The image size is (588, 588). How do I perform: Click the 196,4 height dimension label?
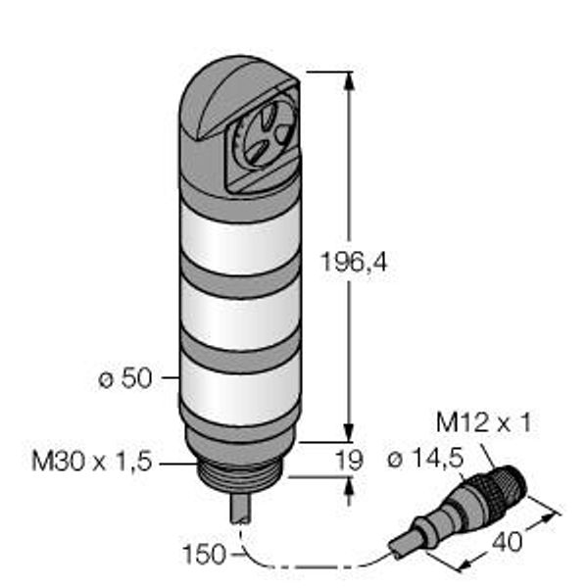(354, 262)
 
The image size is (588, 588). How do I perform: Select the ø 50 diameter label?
(125, 378)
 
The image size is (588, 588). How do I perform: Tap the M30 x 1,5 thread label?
(92, 462)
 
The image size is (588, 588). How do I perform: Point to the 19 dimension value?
(349, 461)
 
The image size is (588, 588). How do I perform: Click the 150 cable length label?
(205, 555)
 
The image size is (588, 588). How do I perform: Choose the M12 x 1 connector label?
(484, 422)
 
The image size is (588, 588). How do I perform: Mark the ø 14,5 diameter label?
(425, 459)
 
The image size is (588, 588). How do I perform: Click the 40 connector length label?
(507, 542)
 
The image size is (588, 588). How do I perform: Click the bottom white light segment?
(240, 390)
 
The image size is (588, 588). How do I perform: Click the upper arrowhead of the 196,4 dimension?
(350, 80)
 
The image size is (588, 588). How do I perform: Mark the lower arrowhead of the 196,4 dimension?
(349, 433)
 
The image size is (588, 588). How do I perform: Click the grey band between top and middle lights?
(240, 276)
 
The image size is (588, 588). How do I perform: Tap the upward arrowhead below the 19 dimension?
(350, 486)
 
